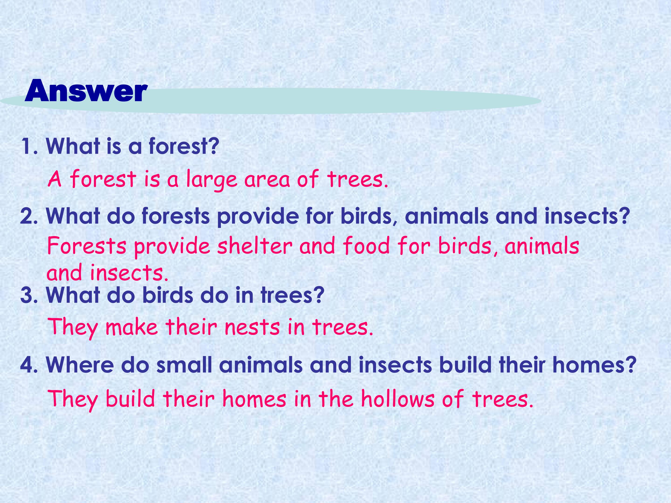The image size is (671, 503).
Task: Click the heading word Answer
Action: [x=86, y=91]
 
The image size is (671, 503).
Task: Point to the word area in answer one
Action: [x=267, y=180]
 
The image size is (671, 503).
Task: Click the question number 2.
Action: [x=29, y=216]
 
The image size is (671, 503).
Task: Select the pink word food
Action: [x=366, y=246]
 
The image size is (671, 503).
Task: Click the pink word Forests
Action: [x=87, y=246]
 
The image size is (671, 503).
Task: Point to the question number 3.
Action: [x=29, y=295]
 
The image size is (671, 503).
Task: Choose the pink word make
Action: [x=132, y=327]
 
